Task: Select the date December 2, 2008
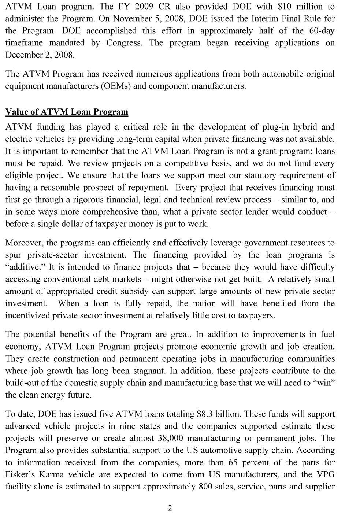click(40, 55)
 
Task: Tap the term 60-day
click(322, 31)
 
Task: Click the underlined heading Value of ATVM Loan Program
click(67, 112)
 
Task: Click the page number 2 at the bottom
click(170, 508)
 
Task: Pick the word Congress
click(125, 43)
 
